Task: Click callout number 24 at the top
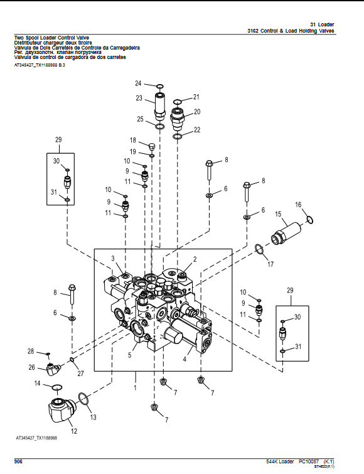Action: pyautogui.click(x=139, y=83)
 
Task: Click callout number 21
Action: pyautogui.click(x=196, y=97)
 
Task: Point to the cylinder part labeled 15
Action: pyautogui.click(x=287, y=232)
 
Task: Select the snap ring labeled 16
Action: pyautogui.click(x=308, y=218)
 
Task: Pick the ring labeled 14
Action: pyautogui.click(x=55, y=385)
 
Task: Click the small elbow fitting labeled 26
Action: pyautogui.click(x=51, y=367)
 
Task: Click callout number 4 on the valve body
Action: pyautogui.click(x=185, y=360)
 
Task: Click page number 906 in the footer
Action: pyautogui.click(x=18, y=461)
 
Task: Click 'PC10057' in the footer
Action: pyautogui.click(x=308, y=461)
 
